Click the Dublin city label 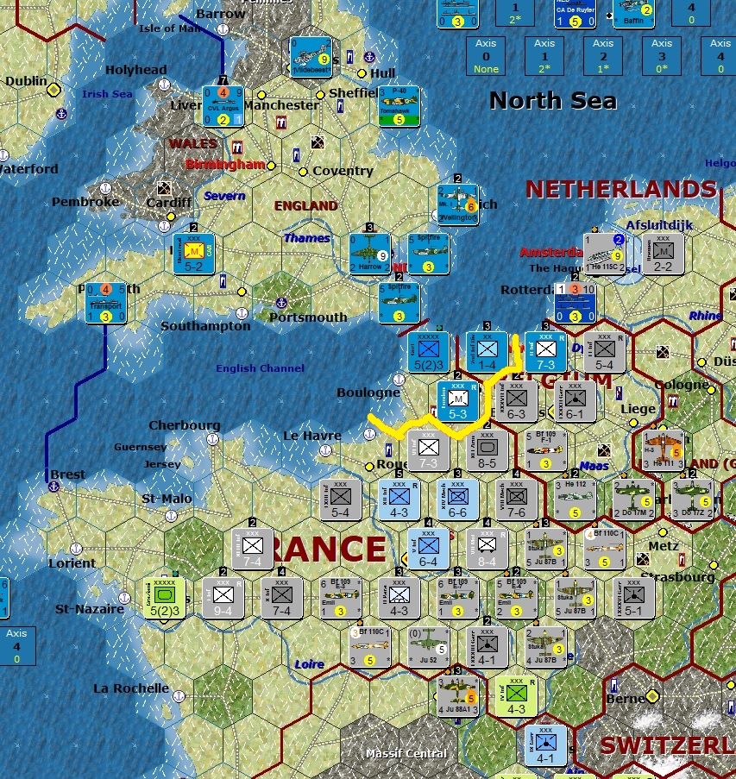[x=26, y=81]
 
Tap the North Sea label [x=552, y=101]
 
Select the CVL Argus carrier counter [x=223, y=106]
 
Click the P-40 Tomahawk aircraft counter [x=399, y=106]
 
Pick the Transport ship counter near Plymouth [x=106, y=302]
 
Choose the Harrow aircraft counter [x=369, y=254]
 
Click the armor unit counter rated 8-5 [x=487, y=450]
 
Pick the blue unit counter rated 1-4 [x=487, y=352]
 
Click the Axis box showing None [x=486, y=56]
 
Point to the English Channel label [x=260, y=368]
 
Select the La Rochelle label [x=131, y=688]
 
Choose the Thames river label [x=306, y=237]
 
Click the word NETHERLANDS [x=621, y=189]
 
